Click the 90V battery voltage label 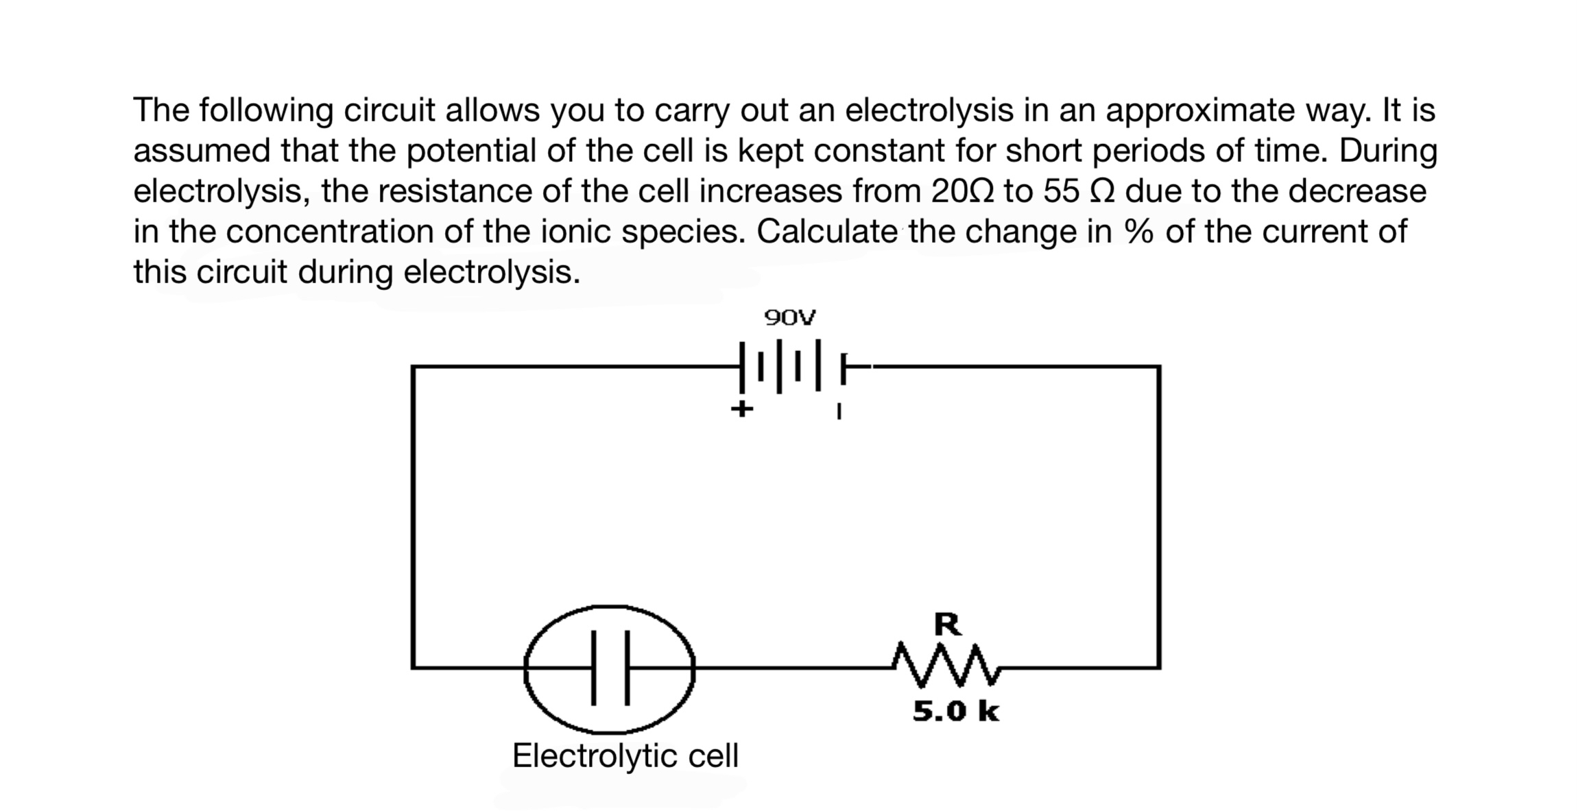click(x=789, y=318)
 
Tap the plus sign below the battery click(x=741, y=410)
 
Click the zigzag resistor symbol click(x=947, y=664)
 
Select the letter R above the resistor click(x=948, y=625)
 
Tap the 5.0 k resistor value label click(x=955, y=712)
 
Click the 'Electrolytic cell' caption click(x=625, y=756)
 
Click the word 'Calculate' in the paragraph click(x=827, y=232)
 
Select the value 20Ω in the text click(x=964, y=191)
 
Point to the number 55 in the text click(x=1063, y=191)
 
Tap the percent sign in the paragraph click(x=1138, y=232)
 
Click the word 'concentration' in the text click(x=330, y=232)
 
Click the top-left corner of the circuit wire click(x=413, y=367)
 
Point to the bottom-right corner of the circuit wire click(x=1159, y=666)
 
